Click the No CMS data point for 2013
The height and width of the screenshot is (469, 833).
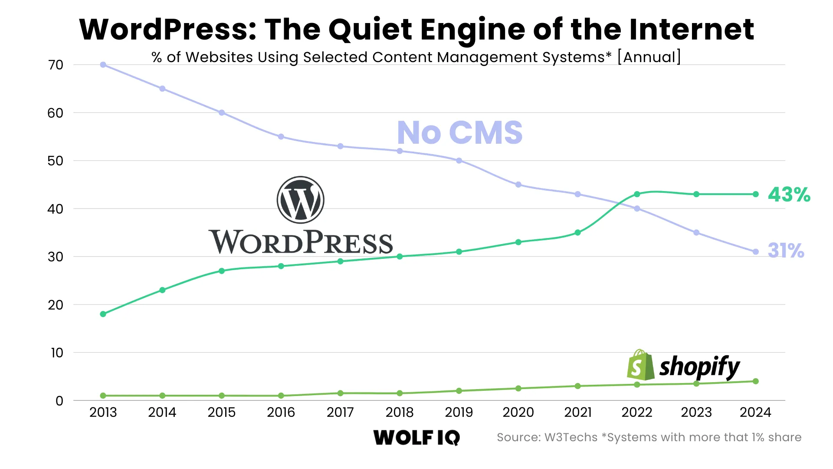coord(103,65)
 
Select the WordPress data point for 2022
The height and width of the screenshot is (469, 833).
coord(637,194)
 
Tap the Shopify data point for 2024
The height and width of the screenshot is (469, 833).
coord(756,381)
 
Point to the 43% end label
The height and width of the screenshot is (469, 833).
coord(789,195)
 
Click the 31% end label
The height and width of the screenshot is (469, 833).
coord(786,251)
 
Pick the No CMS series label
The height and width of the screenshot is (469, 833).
coord(459,132)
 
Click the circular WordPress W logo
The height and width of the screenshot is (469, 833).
coord(300,200)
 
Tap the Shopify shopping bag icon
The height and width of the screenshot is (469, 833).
coord(640,365)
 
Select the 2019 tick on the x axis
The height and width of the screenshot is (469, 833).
coord(459,412)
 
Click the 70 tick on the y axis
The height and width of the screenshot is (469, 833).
coord(56,65)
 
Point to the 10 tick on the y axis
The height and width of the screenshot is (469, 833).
coord(57,353)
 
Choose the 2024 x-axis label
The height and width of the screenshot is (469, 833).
coord(755,412)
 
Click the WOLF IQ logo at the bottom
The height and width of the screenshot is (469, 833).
coord(416,437)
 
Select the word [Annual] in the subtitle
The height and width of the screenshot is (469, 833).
coord(649,57)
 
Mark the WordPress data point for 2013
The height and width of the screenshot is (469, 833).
coord(103,314)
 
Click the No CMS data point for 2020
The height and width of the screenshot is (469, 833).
coord(518,185)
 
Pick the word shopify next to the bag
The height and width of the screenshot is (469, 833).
coord(699,367)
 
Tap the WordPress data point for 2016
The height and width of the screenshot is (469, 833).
coord(281,266)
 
